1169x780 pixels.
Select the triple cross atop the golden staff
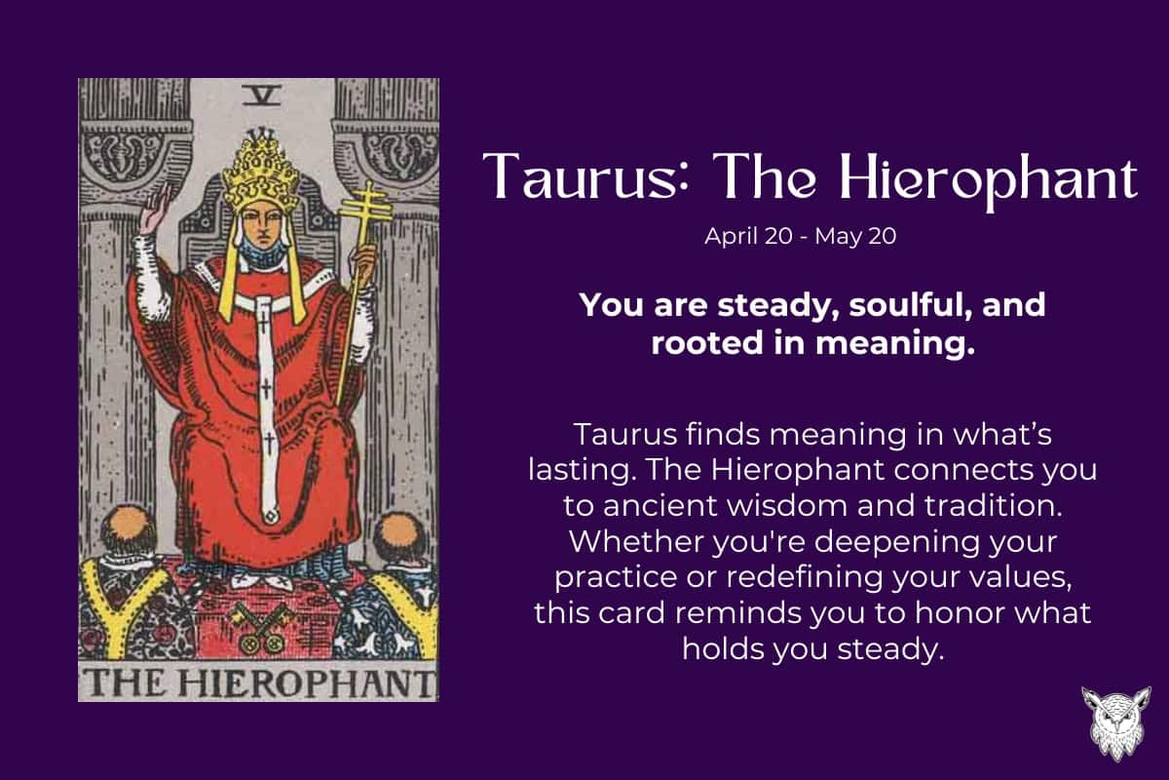point(364,205)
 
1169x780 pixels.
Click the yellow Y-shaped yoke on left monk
point(110,596)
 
